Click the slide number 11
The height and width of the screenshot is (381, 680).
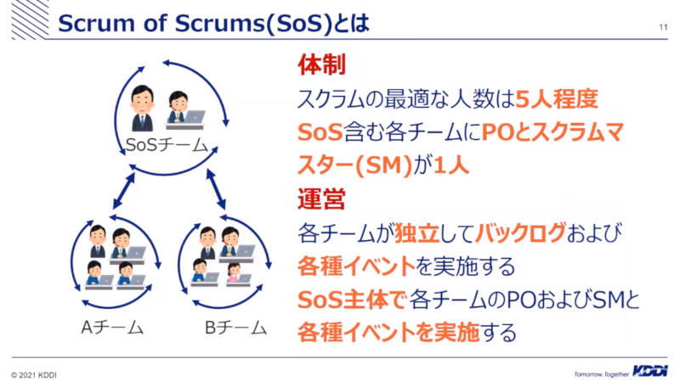click(663, 27)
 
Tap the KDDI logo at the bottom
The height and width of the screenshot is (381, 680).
click(649, 371)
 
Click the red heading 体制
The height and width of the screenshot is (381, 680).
click(322, 65)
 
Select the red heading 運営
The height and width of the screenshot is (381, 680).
click(321, 199)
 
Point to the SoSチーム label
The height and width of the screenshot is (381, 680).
click(167, 144)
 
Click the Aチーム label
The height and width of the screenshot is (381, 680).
click(112, 328)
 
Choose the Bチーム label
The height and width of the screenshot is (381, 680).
click(235, 328)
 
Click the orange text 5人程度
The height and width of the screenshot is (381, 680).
click(557, 98)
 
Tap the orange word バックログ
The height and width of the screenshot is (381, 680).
click(520, 233)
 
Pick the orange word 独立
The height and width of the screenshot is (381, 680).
click(416, 233)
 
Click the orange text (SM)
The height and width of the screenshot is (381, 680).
click(383, 165)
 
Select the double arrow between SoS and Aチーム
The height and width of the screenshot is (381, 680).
click(124, 191)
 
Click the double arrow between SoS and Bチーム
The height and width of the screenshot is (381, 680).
click(216, 189)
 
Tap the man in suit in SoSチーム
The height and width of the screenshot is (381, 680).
click(142, 109)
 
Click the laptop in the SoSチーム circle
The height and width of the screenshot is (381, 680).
click(194, 117)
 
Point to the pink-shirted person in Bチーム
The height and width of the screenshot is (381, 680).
click(234, 272)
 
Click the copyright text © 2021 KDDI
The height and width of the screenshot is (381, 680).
click(34, 375)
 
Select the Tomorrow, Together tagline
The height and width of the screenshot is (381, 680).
click(602, 374)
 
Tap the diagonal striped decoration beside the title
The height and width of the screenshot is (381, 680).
click(31, 20)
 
